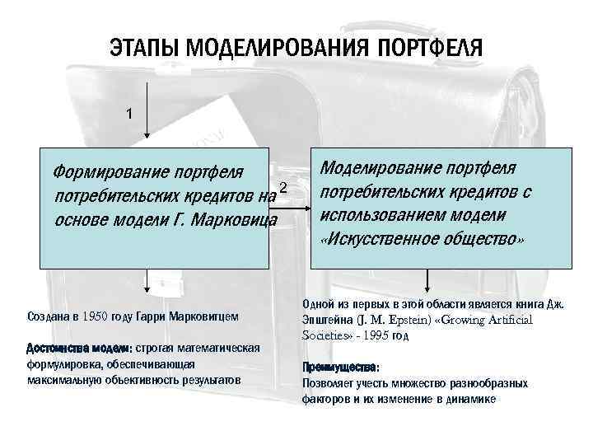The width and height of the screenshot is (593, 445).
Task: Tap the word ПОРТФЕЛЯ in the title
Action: pos(427,48)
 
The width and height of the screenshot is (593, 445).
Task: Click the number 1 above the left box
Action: pos(128,114)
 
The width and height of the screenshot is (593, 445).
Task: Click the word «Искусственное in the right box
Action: pos(386,239)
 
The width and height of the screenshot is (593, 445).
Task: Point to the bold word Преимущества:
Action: pos(341,368)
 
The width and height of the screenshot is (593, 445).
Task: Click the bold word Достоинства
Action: pos(58,348)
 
